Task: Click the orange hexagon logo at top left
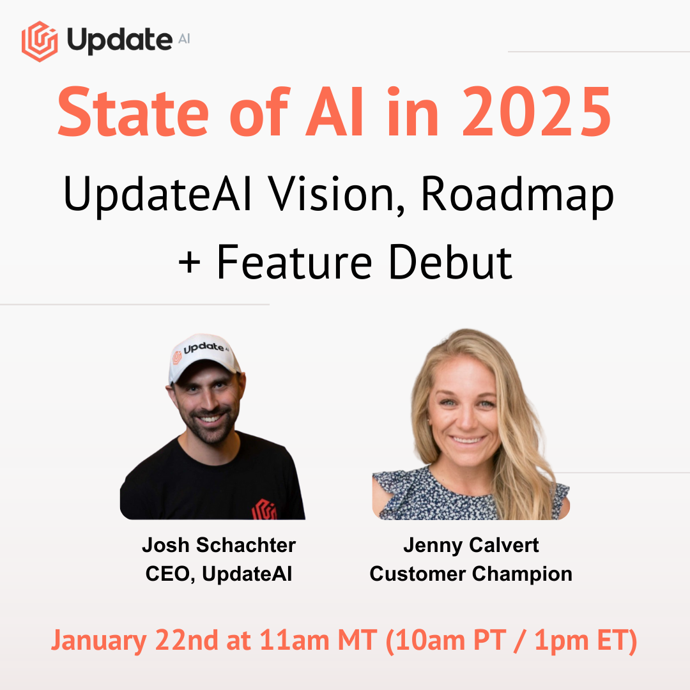coord(40,42)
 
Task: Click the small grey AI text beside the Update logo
coord(185,39)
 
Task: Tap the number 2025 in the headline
coord(537,112)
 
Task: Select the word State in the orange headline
coord(133,112)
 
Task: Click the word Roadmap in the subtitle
coord(517,197)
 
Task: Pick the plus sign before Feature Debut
coord(190,263)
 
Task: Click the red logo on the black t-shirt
coord(264,510)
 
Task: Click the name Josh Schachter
coord(218,545)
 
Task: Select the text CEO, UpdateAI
coord(218,573)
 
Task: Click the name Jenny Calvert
coord(471,545)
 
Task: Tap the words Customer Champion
coord(471,574)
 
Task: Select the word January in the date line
coord(99,640)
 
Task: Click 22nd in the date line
coord(187,640)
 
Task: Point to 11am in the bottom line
coord(295,640)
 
